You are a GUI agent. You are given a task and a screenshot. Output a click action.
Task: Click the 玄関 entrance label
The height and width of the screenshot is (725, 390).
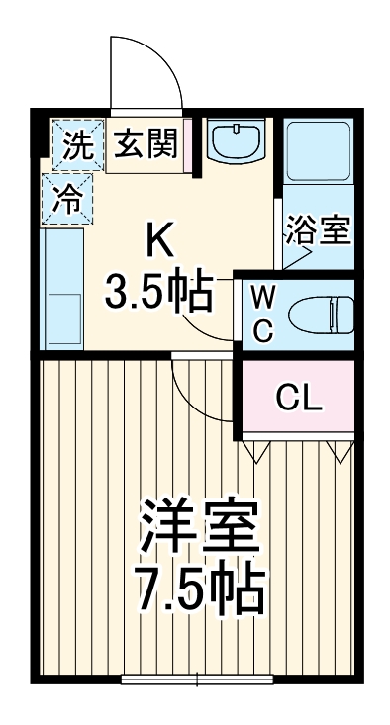coord(144,145)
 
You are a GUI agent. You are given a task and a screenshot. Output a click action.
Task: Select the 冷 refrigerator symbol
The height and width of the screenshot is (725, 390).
coord(67,197)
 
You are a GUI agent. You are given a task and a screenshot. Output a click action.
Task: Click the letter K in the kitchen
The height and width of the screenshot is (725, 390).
coord(161,239)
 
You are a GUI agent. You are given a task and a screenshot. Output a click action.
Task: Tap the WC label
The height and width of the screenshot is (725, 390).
coord(262,313)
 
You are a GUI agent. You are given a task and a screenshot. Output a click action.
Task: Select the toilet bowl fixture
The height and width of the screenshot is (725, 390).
coord(319,314)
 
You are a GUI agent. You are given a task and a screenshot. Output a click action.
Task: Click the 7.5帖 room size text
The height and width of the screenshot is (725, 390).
coord(199,590)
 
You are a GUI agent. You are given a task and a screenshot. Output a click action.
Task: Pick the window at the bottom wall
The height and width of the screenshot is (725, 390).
coord(198,680)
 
